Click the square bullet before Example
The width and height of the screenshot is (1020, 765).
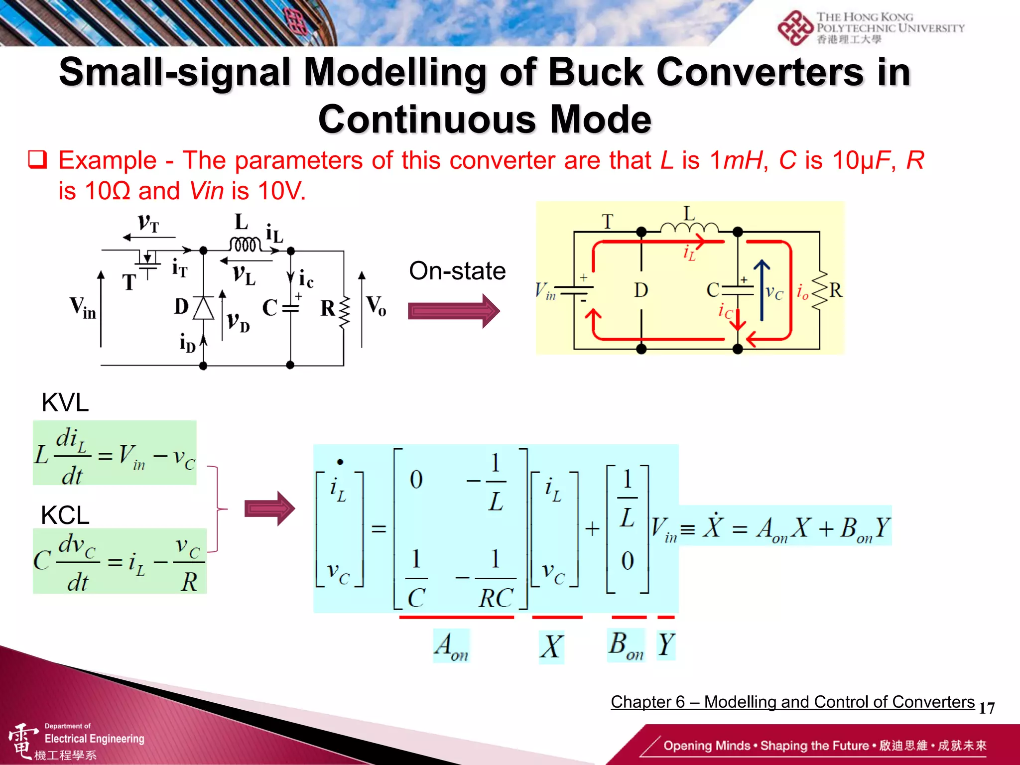pyautogui.click(x=38, y=160)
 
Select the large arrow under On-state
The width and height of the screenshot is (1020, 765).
pyautogui.click(x=453, y=311)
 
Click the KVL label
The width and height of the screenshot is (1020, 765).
pyautogui.click(x=65, y=402)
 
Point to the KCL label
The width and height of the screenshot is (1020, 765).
pyautogui.click(x=65, y=515)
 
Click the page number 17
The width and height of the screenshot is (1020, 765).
pyautogui.click(x=987, y=708)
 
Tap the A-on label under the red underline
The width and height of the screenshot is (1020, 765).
pyautogui.click(x=451, y=646)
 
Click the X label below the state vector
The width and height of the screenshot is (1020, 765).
pyautogui.click(x=552, y=647)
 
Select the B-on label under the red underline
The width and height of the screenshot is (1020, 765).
pyautogui.click(x=626, y=645)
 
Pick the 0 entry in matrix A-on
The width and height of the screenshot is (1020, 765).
pyautogui.click(x=416, y=480)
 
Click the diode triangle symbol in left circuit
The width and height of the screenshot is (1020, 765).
pyautogui.click(x=203, y=308)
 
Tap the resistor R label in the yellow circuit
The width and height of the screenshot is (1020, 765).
pyautogui.click(x=836, y=290)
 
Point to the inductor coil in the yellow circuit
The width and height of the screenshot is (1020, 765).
pyautogui.click(x=689, y=228)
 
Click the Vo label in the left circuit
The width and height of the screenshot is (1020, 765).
pyautogui.click(x=376, y=305)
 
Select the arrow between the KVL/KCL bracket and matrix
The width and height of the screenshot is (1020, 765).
pyautogui.click(x=269, y=509)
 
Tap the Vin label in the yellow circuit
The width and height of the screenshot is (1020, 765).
pyautogui.click(x=545, y=291)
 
